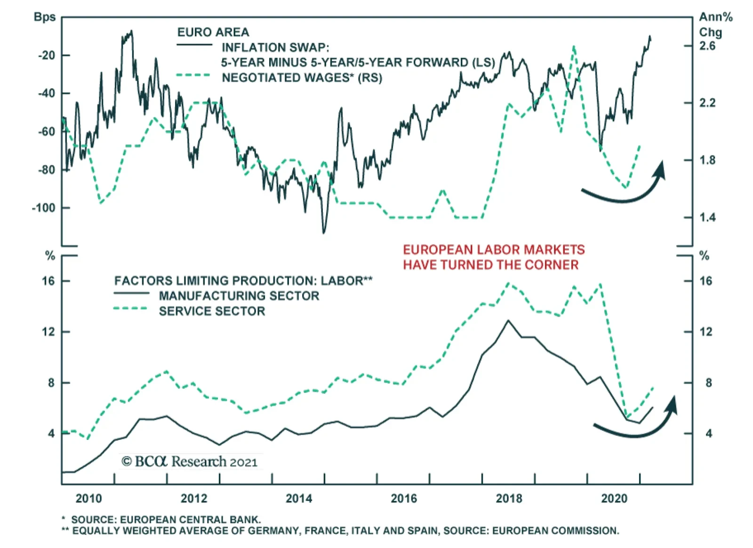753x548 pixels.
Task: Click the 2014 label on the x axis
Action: pos(299,499)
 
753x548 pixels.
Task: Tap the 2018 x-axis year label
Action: pos(509,499)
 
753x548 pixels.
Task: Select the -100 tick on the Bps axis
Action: pos(43,207)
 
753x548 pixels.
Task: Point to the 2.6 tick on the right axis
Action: pos(707,46)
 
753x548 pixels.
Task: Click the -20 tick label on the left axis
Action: pos(46,55)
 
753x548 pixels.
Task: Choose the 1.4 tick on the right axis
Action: pos(707,217)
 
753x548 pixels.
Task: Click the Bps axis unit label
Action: pos(45,17)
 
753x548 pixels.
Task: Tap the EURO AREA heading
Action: pos(213,32)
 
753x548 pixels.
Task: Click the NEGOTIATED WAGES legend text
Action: pos(302,78)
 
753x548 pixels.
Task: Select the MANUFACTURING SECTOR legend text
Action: pos(239,296)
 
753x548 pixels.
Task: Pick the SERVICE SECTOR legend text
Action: pos(212,311)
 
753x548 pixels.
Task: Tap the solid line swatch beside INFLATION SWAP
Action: pos(194,45)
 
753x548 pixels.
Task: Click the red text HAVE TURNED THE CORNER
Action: pos(490,265)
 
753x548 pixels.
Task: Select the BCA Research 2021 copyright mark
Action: pos(190,461)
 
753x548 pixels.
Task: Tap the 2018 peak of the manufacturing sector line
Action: pos(508,321)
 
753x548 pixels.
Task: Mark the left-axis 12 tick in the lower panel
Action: pos(48,332)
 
